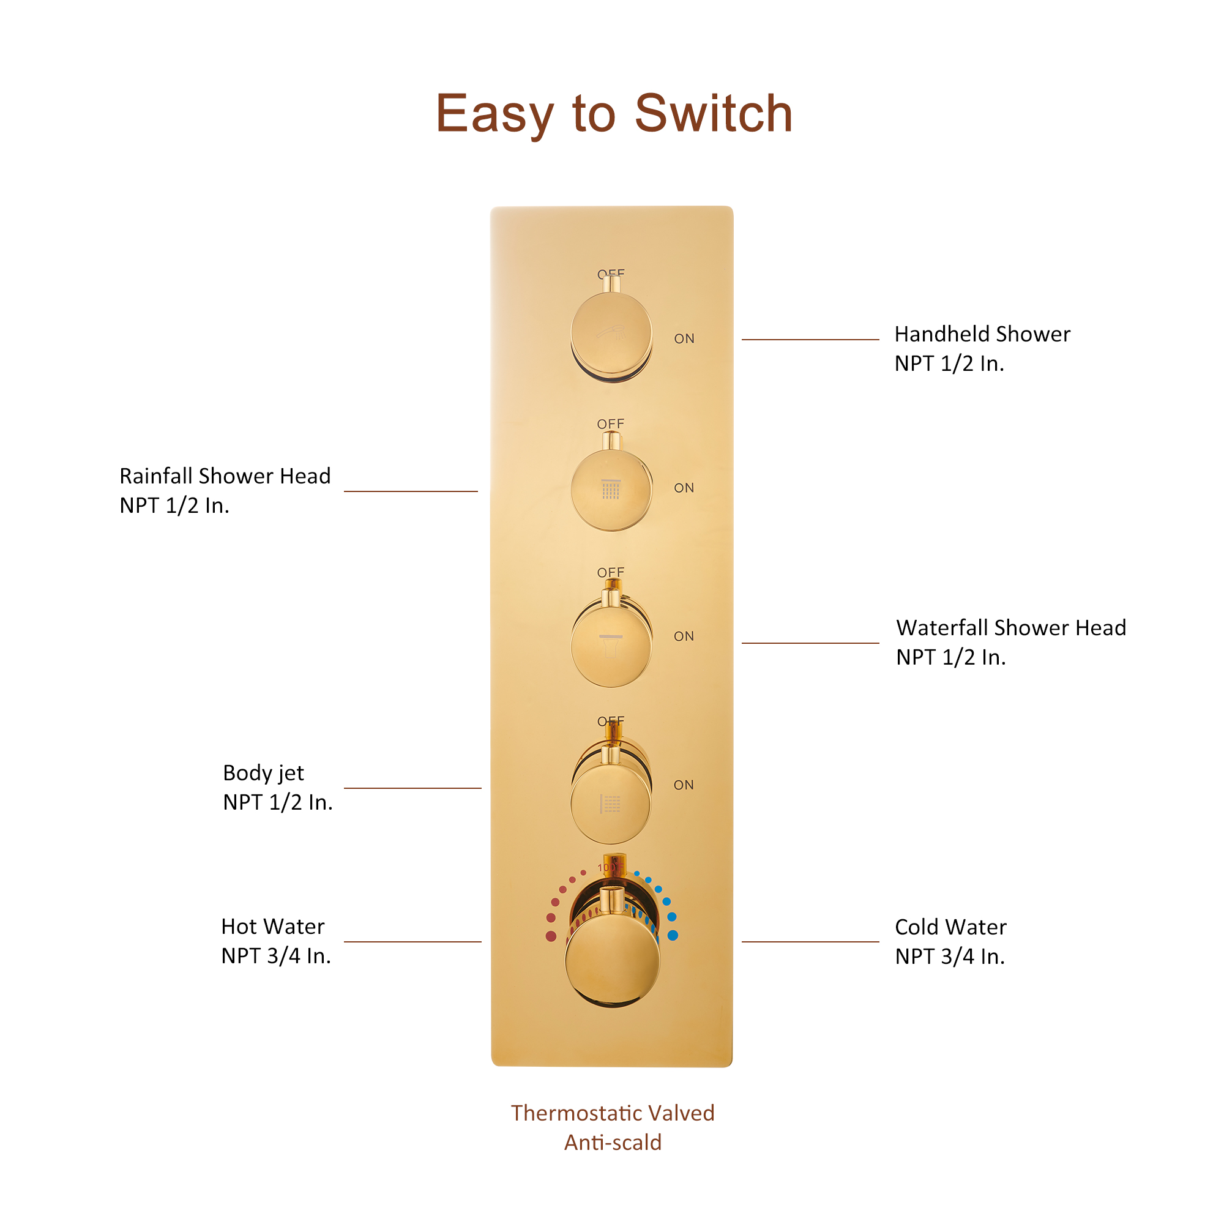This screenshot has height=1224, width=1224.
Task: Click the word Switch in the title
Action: [714, 114]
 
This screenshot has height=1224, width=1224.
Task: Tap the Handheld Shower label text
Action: [982, 334]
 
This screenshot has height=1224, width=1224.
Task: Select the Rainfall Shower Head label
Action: [225, 476]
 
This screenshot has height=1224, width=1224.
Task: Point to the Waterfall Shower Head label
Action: [1011, 628]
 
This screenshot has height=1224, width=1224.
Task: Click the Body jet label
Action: [264, 773]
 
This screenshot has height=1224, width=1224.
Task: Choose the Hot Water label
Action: [272, 927]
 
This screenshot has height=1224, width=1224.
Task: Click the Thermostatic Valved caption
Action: [613, 1113]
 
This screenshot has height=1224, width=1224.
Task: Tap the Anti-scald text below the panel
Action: [613, 1143]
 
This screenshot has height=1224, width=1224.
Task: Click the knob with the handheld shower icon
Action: [611, 334]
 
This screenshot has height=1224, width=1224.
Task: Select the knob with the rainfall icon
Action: [611, 489]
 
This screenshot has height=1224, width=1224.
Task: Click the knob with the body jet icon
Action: [611, 804]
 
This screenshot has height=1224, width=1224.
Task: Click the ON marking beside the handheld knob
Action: [684, 339]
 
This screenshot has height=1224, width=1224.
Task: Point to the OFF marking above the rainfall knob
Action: [611, 424]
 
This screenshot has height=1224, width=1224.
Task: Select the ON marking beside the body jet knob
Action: [684, 786]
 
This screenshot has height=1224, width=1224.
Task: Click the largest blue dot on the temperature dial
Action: [673, 936]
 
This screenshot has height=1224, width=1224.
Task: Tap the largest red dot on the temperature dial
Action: [551, 936]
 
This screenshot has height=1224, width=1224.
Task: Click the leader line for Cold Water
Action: [810, 942]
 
